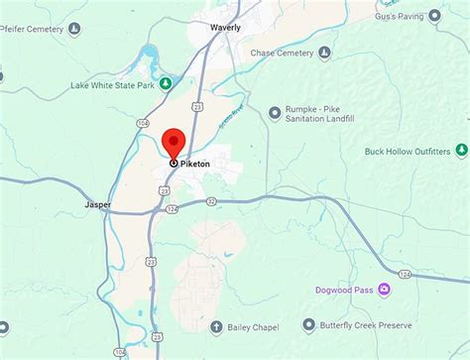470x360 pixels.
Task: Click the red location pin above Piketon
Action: click(175, 142)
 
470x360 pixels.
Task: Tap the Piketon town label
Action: click(197, 164)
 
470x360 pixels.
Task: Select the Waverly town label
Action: click(225, 28)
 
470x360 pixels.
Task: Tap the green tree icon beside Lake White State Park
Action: click(167, 83)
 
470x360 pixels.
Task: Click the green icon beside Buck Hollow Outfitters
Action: click(461, 151)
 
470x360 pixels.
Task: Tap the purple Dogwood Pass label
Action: click(343, 290)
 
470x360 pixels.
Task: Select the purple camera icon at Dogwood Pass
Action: click(383, 290)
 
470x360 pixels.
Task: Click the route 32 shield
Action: click(211, 200)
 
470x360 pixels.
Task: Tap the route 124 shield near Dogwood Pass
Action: click(404, 273)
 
